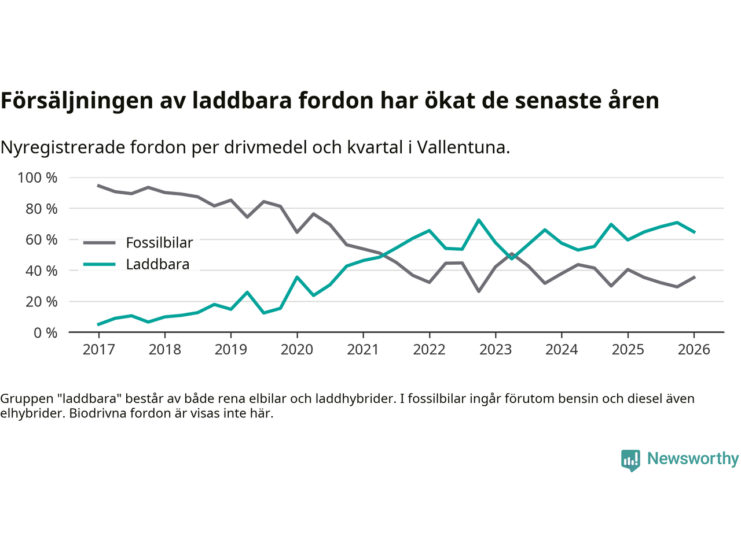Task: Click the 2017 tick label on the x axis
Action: (98, 350)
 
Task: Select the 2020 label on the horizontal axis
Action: (297, 350)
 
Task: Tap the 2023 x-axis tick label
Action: (496, 350)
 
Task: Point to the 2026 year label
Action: (694, 350)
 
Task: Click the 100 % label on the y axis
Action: (38, 177)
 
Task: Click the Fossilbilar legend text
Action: (159, 243)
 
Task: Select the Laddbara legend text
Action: (157, 265)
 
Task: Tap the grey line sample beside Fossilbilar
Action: (100, 243)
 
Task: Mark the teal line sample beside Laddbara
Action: (100, 265)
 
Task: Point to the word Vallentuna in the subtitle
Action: (463, 147)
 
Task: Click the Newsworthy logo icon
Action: (630, 460)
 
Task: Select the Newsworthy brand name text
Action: (693, 458)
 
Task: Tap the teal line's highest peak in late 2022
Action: (479, 220)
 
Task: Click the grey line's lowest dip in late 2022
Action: (479, 291)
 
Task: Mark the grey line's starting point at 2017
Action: (98, 186)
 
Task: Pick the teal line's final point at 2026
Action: (694, 232)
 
